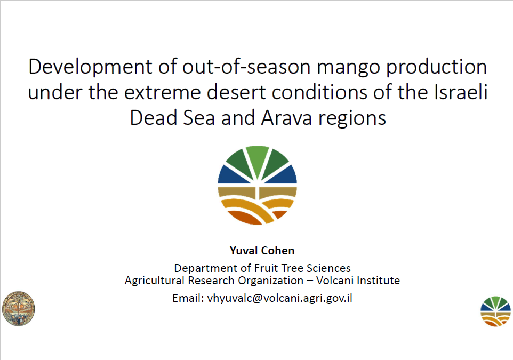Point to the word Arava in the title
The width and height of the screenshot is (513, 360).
pyautogui.click(x=286, y=118)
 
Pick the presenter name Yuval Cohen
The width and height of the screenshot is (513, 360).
pyautogui.click(x=262, y=251)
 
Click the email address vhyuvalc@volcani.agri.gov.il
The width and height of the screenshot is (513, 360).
pyautogui.click(x=280, y=299)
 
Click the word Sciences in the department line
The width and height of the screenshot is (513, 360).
pyautogui.click(x=328, y=268)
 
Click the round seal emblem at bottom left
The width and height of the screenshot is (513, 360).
pyautogui.click(x=18, y=308)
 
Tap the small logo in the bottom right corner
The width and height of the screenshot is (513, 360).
pyautogui.click(x=495, y=311)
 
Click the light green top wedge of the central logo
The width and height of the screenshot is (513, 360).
pyautogui.click(x=258, y=161)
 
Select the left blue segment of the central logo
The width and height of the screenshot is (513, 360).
pyautogui.click(x=233, y=175)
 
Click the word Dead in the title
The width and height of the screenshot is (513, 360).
pyautogui.click(x=153, y=118)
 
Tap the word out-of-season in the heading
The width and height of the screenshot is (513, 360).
pyautogui.click(x=246, y=67)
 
